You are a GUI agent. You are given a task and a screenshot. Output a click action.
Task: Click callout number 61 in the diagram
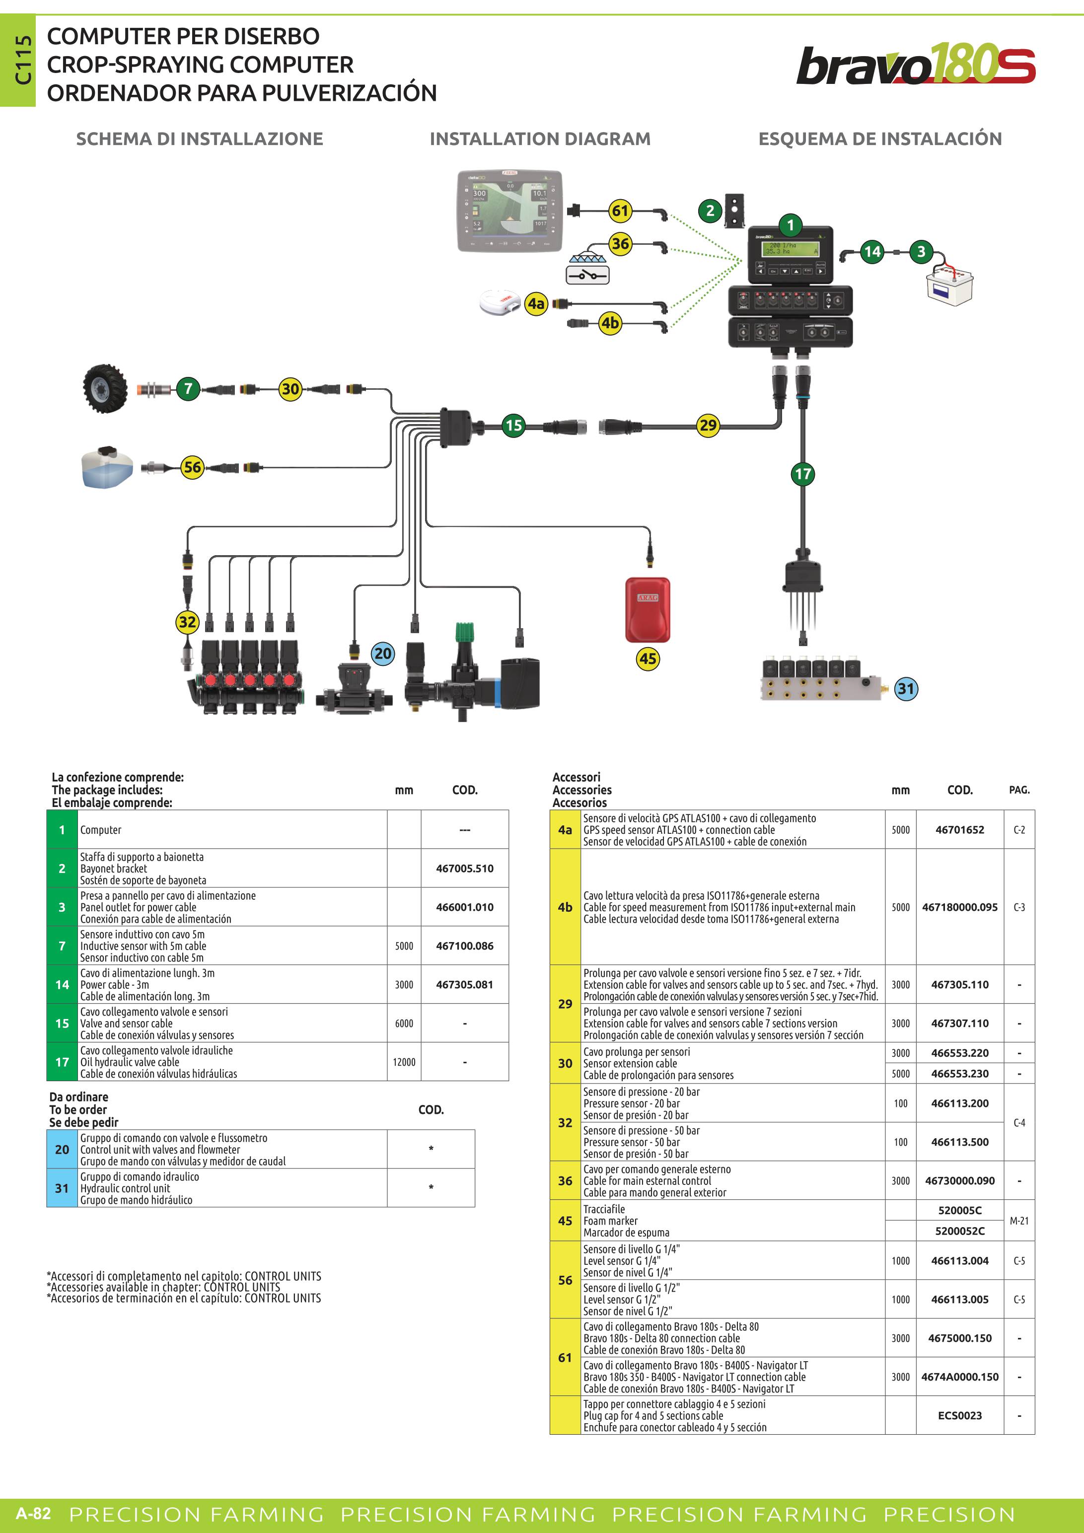(620, 211)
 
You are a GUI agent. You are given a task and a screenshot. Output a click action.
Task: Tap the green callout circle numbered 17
(802, 474)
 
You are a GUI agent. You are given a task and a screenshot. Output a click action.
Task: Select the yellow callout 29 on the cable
(708, 425)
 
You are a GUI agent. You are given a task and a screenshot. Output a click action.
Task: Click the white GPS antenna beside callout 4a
(500, 302)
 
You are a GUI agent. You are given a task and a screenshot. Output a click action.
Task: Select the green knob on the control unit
(465, 632)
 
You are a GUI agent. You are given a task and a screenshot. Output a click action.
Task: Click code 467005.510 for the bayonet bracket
(465, 869)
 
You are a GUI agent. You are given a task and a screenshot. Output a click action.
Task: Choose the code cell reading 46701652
(960, 830)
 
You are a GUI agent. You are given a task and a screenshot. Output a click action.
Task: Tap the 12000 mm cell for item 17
(404, 1062)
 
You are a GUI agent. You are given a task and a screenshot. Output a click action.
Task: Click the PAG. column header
(1019, 790)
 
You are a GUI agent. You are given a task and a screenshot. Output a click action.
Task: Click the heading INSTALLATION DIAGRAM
(540, 139)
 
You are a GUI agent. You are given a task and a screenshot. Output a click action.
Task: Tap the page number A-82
(33, 1513)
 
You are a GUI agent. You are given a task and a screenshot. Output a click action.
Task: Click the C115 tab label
(23, 60)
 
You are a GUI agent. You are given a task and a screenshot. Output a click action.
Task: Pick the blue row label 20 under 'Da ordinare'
(62, 1149)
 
